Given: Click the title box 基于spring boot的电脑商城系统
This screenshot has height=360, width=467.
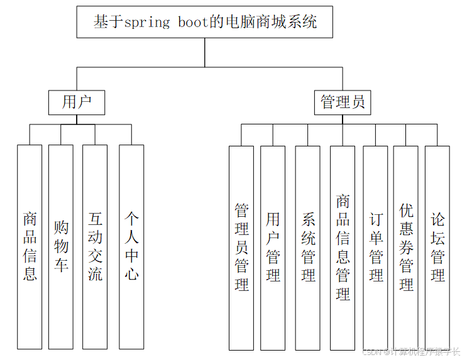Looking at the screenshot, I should pos(204,23).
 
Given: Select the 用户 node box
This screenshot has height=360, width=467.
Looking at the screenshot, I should pos(77,102).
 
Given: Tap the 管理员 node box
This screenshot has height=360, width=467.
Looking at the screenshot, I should pos(343,102).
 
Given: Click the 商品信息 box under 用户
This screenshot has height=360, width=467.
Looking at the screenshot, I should pos(30,247).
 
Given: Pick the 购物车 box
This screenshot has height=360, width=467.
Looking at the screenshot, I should pos(61,247).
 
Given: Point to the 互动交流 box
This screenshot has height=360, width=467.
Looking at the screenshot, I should pos(94,247).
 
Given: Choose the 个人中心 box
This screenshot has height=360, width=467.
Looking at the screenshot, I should pos(131,247).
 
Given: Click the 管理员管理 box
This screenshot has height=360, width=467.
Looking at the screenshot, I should pos(241,248).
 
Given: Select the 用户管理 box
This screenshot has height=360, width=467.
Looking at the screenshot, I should pos(273,248).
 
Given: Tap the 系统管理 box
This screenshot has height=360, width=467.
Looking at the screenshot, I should pos(308,248).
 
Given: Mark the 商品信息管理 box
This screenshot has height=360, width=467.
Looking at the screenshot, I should pos(343,248).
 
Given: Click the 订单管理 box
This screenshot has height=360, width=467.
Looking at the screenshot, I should pos(376,248).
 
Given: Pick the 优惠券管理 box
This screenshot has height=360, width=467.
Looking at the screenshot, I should pos(406,248).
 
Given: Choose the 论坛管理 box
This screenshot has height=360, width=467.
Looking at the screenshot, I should pos(437,248).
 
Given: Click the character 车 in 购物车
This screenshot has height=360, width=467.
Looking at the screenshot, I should pos(61,265).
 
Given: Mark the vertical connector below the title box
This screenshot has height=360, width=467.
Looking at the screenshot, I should pos(204,52).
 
